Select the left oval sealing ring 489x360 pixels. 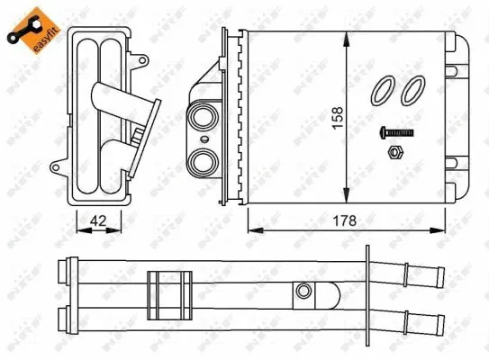pos(383,89)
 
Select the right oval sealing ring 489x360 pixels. pos(414,89)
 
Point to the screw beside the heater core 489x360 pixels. pos(396,133)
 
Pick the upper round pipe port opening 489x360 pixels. pos(202,119)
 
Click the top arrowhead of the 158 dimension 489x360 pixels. pos(348,37)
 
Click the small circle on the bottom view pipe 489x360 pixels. pos(304,291)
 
